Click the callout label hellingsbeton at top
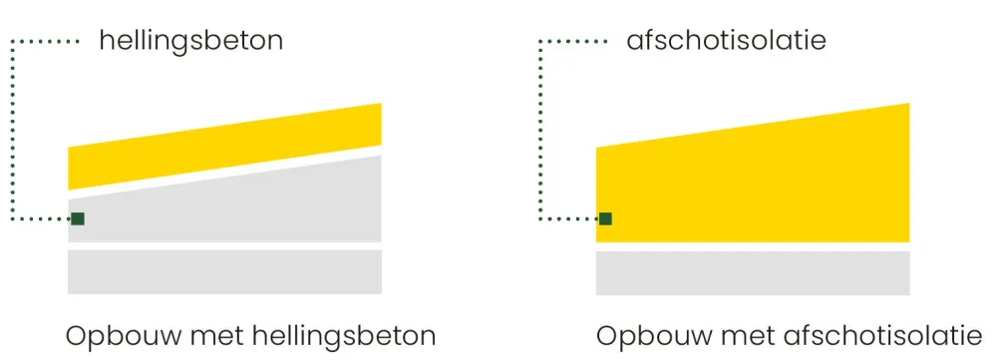(190, 41)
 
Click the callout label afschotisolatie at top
(727, 41)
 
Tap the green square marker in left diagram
(78, 218)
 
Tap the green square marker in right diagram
(605, 218)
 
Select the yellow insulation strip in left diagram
(224, 147)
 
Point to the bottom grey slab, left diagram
(224, 271)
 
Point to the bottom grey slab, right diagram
(753, 271)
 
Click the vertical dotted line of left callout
(11, 130)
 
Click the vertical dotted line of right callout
(539, 130)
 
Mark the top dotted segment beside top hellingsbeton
(45, 42)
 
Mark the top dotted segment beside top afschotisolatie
(573, 42)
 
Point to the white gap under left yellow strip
(224, 173)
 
